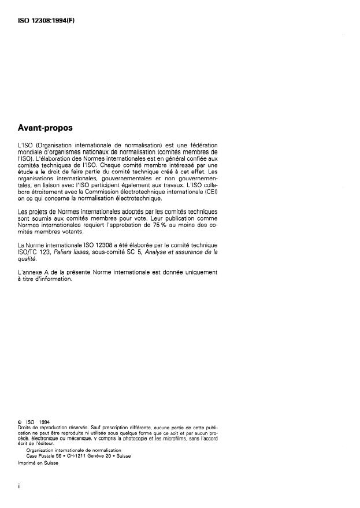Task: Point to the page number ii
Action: (x=20, y=485)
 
